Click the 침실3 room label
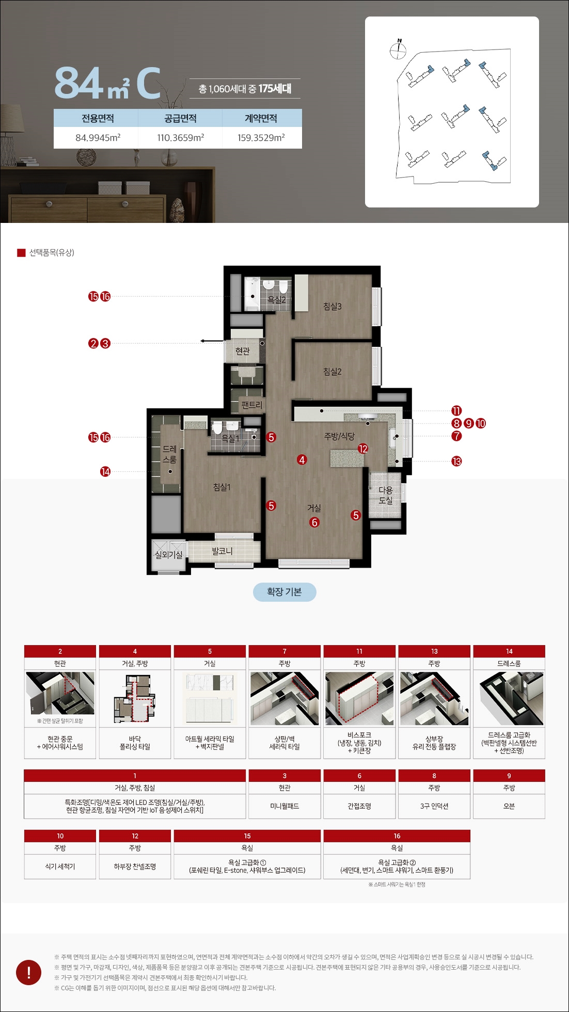[x=333, y=307]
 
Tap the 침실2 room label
[x=333, y=372]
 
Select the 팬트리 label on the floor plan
[x=252, y=405]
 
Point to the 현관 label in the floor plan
[x=243, y=351]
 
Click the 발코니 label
[x=222, y=551]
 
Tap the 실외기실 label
[x=169, y=555]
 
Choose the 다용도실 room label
[x=386, y=495]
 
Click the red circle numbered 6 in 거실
[x=314, y=522]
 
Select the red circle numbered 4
[x=302, y=459]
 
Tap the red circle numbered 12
[x=363, y=449]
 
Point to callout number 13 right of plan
[x=456, y=461]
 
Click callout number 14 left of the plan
[x=105, y=472]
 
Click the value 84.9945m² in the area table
[x=98, y=138]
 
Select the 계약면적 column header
[x=261, y=118]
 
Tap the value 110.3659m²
[x=181, y=138]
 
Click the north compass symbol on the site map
[x=398, y=49]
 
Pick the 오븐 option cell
[x=509, y=806]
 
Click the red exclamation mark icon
[x=29, y=972]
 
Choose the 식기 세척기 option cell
[x=60, y=866]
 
